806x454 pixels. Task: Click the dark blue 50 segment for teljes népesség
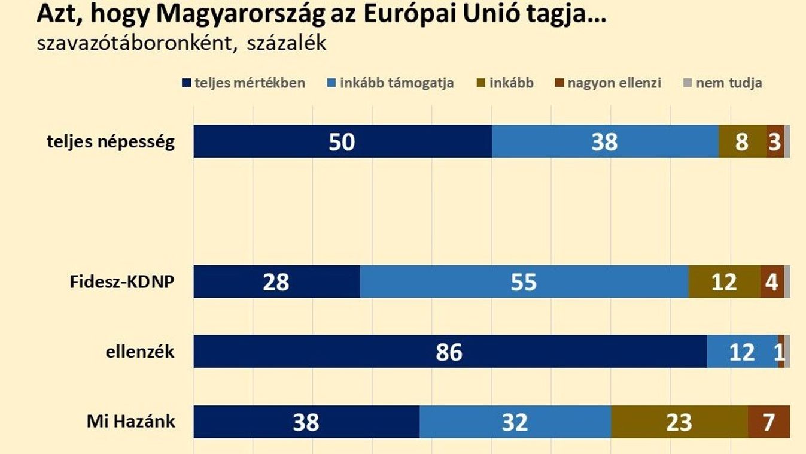(342, 141)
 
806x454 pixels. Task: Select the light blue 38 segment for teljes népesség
(604, 141)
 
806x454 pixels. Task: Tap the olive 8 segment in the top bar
(742, 141)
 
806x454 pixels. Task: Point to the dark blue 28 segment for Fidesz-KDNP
(276, 282)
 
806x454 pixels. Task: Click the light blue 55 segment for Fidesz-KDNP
(524, 282)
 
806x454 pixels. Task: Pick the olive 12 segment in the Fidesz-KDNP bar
(724, 282)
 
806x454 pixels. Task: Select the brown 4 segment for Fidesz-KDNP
(772, 282)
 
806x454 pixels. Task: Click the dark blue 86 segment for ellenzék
(449, 352)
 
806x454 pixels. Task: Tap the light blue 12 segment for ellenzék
(742, 352)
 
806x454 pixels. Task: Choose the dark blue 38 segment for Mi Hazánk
(306, 422)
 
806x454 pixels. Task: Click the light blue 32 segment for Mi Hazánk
(515, 422)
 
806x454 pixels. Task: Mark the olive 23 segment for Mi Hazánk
(679, 422)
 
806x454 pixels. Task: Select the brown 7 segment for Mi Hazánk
(768, 422)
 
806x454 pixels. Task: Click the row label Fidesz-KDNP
(122, 282)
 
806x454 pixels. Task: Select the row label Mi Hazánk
(130, 421)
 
